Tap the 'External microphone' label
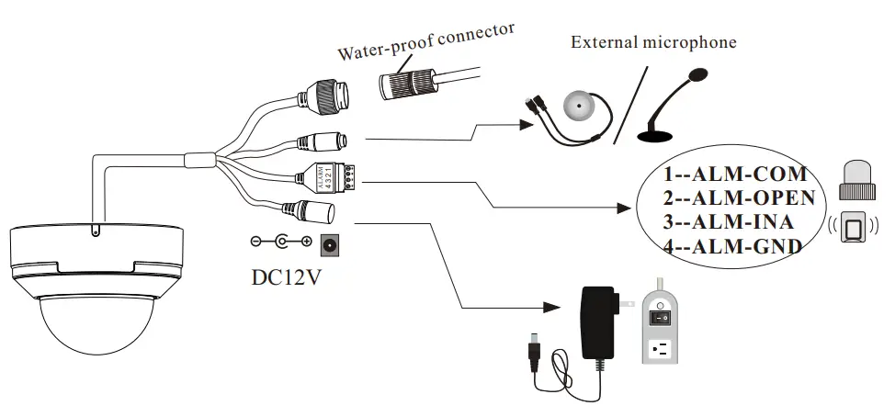[x=653, y=42]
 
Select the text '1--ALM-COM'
[x=735, y=174]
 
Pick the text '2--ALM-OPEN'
[x=740, y=197]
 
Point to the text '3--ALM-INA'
[x=730, y=221]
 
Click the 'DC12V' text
[x=288, y=276]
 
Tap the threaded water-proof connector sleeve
[x=408, y=84]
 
